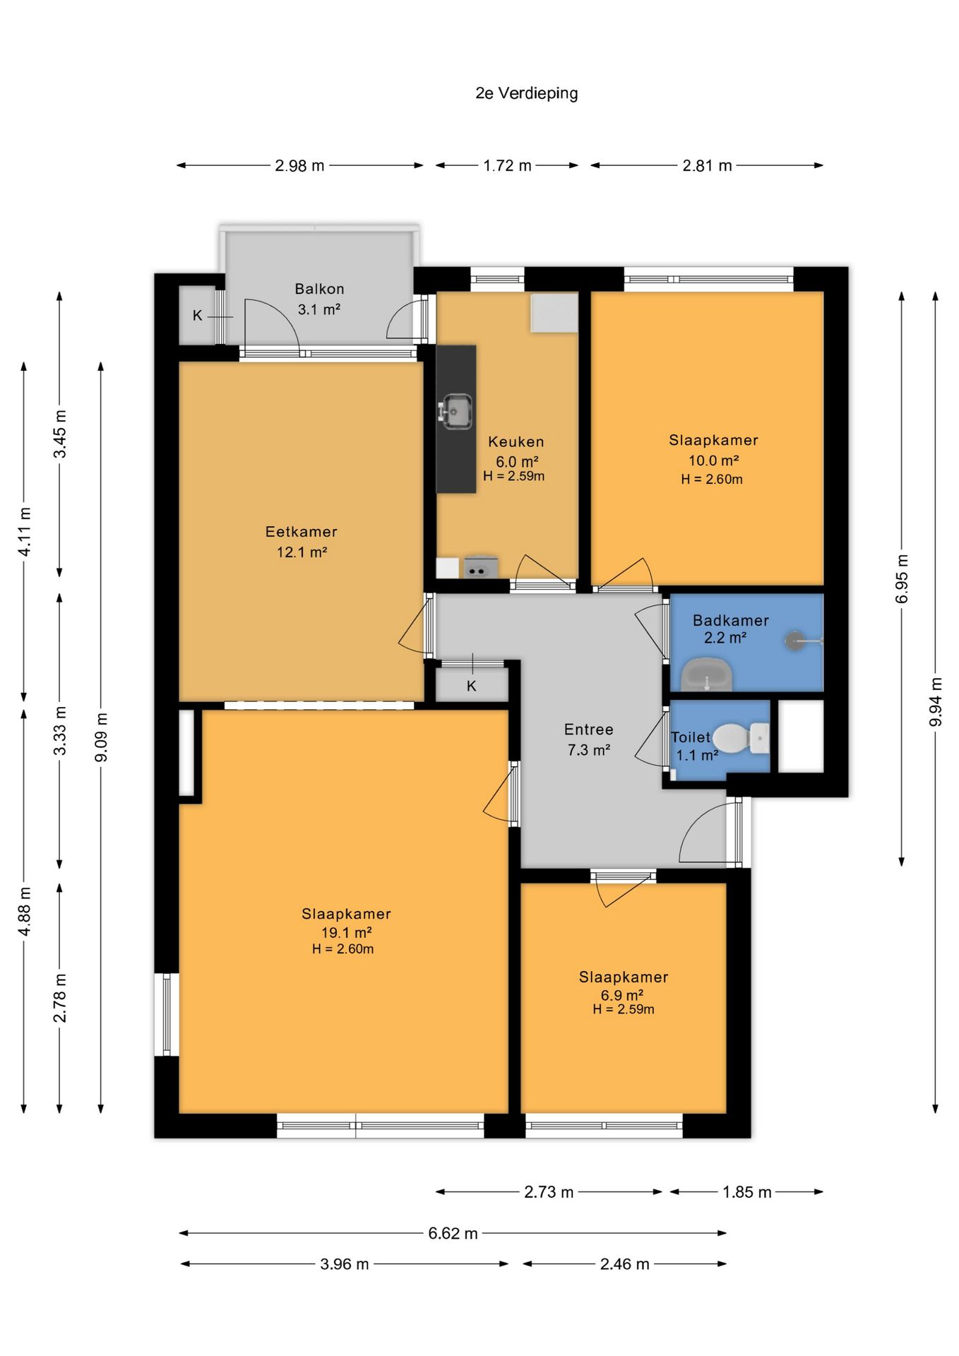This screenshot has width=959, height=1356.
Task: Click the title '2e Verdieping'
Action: tap(527, 93)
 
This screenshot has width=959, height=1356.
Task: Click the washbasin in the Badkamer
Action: tap(706, 674)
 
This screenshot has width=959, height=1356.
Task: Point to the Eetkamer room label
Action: tap(302, 532)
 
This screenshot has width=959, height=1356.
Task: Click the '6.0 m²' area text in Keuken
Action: tap(517, 462)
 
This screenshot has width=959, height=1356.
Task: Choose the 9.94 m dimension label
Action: tap(936, 702)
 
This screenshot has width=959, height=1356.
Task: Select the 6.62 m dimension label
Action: tap(453, 1233)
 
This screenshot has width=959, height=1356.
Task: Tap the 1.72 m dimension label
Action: tap(507, 165)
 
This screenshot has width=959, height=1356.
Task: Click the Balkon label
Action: tap(320, 289)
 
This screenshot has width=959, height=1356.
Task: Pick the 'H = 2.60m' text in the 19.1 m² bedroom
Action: tap(343, 949)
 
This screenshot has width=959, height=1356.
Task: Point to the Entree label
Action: tap(589, 730)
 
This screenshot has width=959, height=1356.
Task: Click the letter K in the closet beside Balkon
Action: tap(198, 316)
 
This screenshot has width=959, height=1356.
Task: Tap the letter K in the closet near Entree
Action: tap(472, 686)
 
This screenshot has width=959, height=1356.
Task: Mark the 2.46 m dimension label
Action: tap(625, 1264)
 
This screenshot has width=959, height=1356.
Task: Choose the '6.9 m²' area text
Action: tap(622, 996)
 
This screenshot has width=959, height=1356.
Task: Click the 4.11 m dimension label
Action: tap(24, 532)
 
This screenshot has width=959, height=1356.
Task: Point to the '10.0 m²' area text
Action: tap(714, 460)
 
